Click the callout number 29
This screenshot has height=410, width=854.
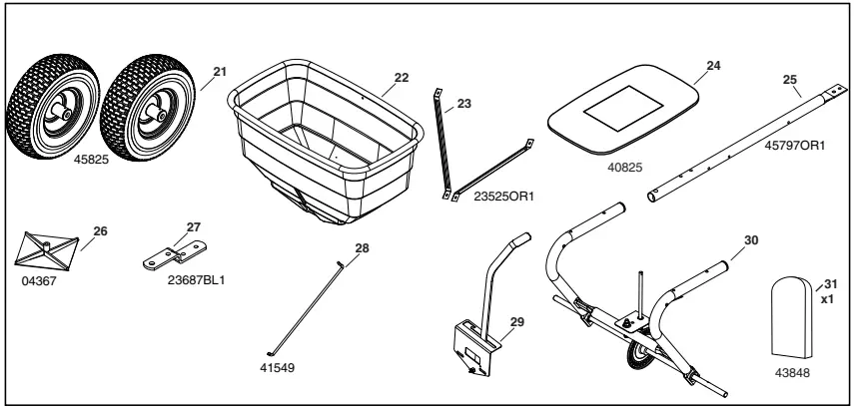pos(516,322)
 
